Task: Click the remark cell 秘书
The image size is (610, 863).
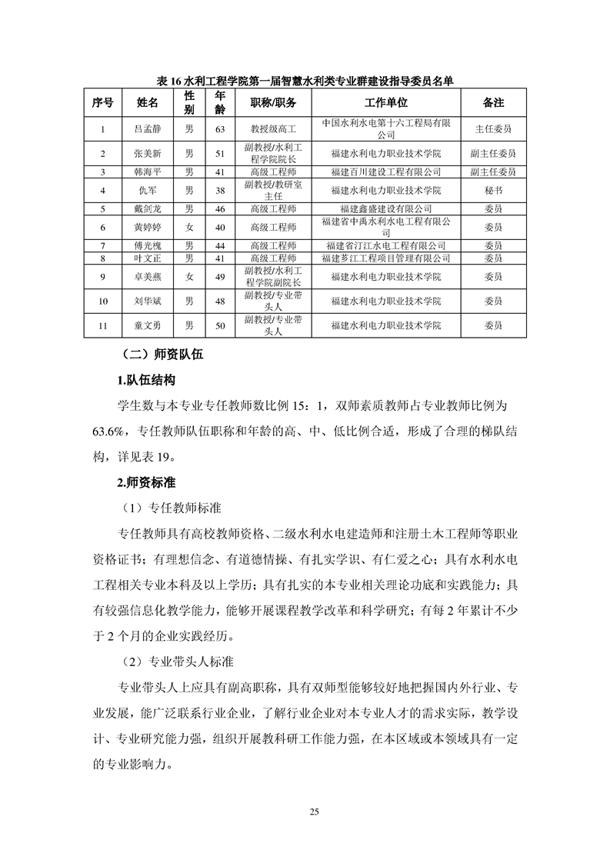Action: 493,189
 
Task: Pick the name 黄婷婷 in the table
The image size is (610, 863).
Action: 148,227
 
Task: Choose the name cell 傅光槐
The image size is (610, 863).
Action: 148,245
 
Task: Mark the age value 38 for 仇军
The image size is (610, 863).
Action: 220,189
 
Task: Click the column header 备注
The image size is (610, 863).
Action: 493,103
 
